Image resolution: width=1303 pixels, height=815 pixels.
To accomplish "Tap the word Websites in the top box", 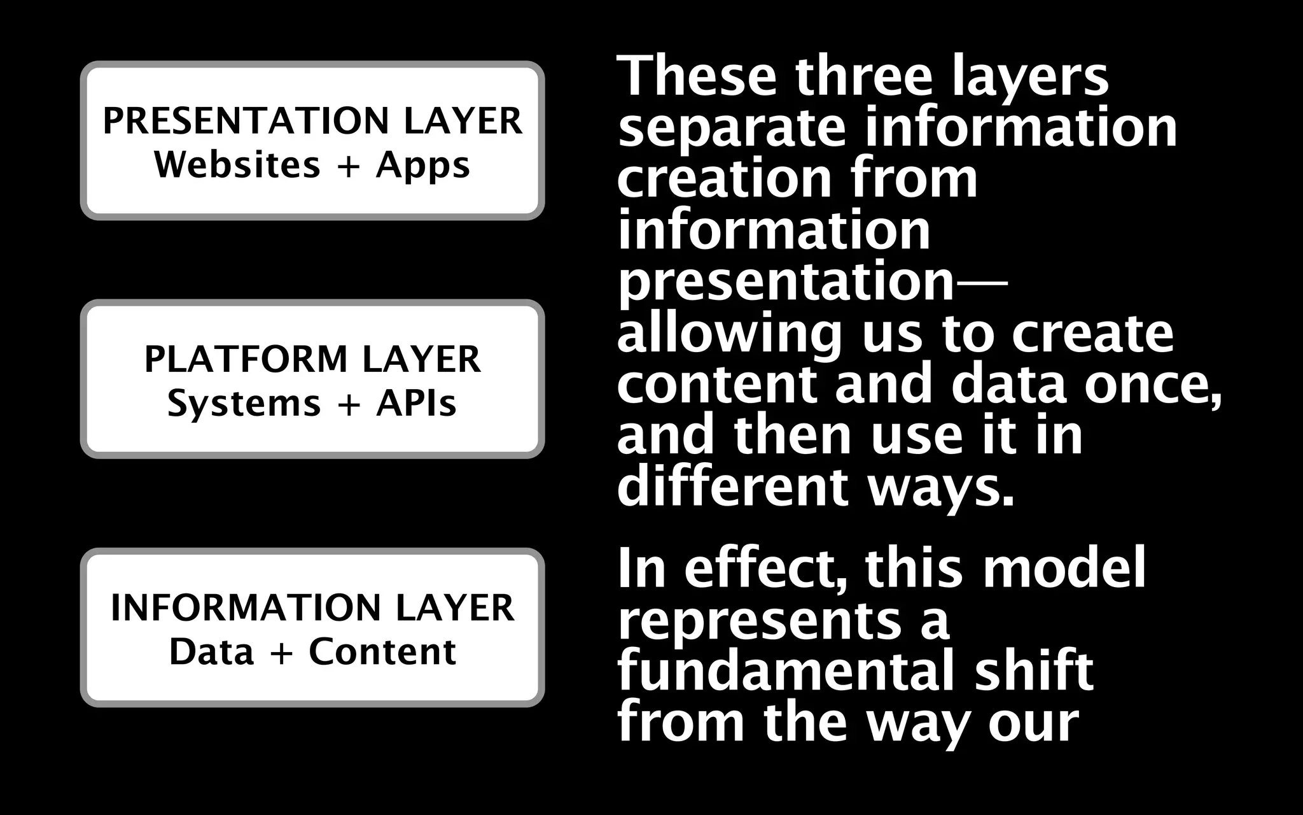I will pos(237,165).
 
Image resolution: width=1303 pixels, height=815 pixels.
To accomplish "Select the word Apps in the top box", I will pos(423,166).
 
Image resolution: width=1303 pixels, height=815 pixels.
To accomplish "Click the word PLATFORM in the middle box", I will pos(245,359).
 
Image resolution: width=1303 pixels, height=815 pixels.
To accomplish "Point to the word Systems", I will pos(244,404).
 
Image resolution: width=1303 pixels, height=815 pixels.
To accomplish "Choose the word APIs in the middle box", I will pos(416,404).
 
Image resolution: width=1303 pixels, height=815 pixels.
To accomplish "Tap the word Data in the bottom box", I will pos(211,652).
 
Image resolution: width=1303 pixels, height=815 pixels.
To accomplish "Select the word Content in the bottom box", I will pos(382,652).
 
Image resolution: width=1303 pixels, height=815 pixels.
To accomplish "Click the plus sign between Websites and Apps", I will pos(348,166).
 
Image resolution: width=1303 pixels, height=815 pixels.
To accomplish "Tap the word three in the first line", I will pos(864,76).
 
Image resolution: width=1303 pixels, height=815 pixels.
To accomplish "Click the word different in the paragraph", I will pos(732,486).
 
